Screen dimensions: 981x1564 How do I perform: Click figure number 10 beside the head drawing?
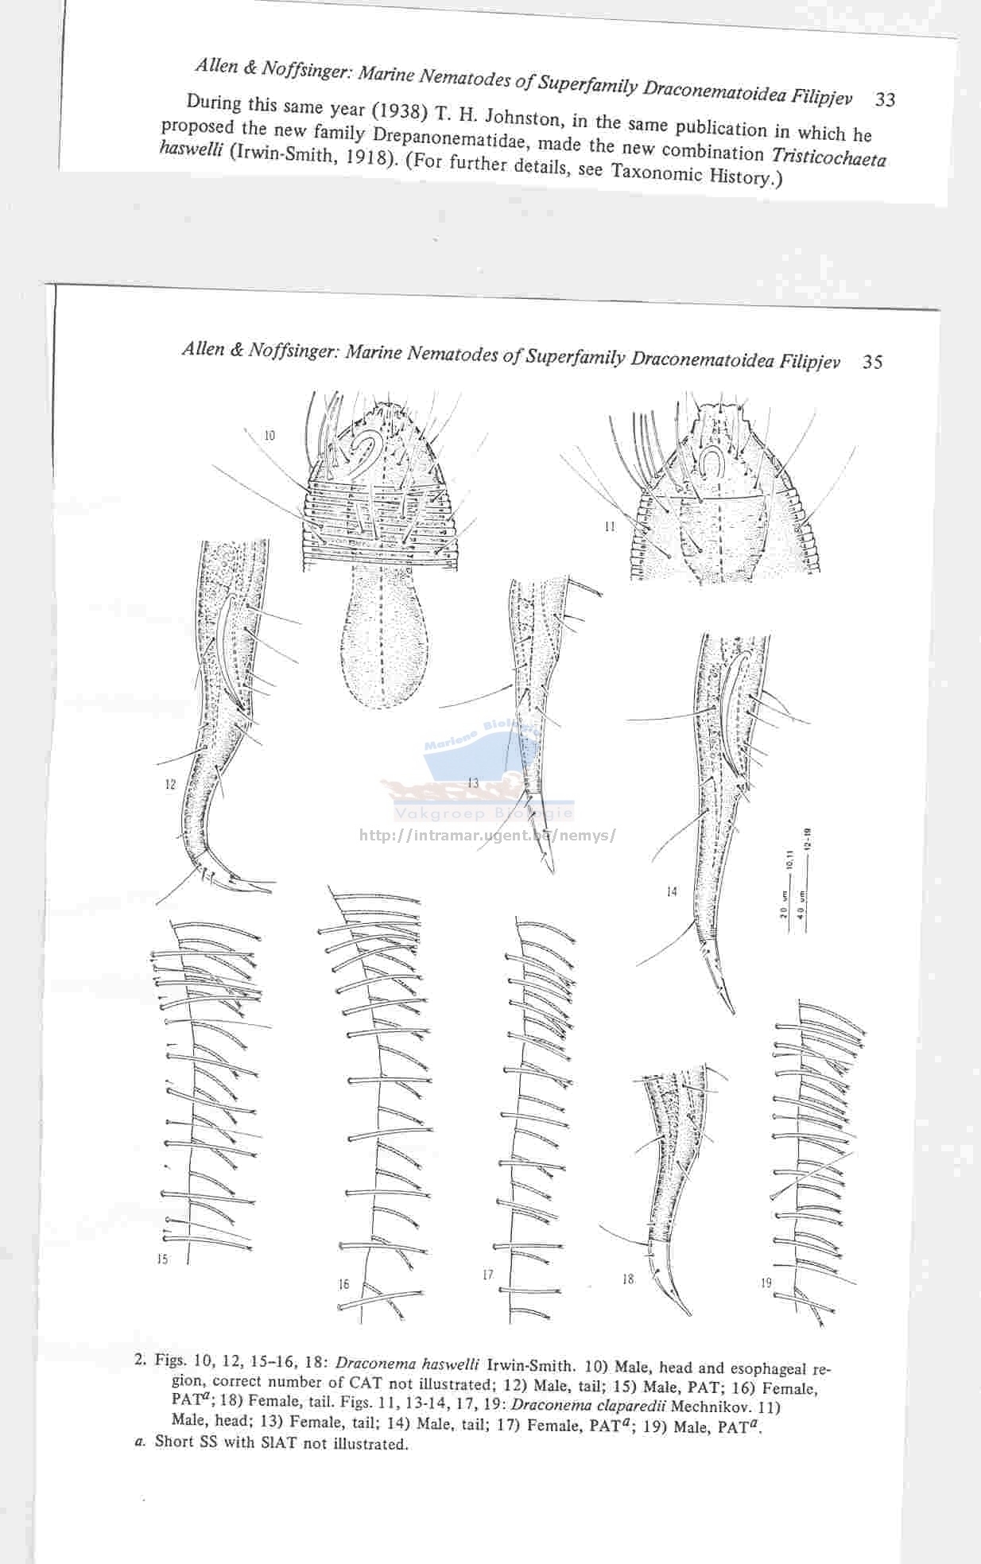pyautogui.click(x=269, y=435)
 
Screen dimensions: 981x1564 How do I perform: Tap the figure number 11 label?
pyautogui.click(x=609, y=526)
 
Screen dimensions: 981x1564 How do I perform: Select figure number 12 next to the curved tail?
pyautogui.click(x=170, y=784)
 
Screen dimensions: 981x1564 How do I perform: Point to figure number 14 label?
pyautogui.click(x=672, y=891)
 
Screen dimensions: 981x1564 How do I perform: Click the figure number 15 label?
pyautogui.click(x=162, y=1259)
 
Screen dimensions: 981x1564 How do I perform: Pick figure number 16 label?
pyautogui.click(x=343, y=1284)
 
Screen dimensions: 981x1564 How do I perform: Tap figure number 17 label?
pyautogui.click(x=487, y=1275)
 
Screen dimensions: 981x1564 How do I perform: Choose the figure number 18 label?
pyautogui.click(x=628, y=1279)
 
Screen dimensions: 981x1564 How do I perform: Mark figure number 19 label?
pyautogui.click(x=766, y=1283)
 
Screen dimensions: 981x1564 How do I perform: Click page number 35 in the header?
pyautogui.click(x=872, y=362)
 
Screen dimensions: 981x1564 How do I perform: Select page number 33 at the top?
pyautogui.click(x=885, y=100)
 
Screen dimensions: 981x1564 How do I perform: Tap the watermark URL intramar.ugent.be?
pyautogui.click(x=488, y=836)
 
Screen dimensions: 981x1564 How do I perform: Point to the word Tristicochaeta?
pyautogui.click(x=829, y=155)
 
